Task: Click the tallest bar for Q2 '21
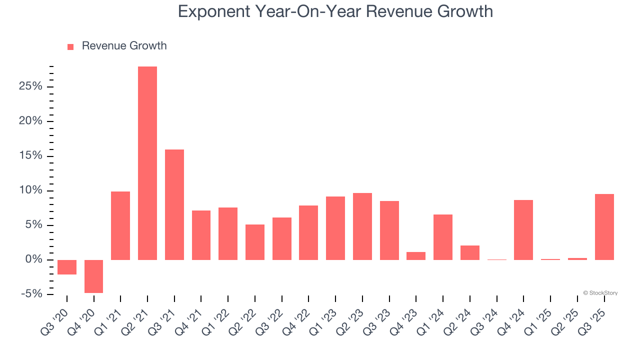(x=147, y=163)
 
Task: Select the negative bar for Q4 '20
(x=93, y=276)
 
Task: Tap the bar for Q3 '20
(x=67, y=267)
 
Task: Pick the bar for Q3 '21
(x=174, y=204)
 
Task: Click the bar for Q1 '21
(x=120, y=225)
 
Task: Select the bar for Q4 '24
(x=523, y=230)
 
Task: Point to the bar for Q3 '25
(x=604, y=227)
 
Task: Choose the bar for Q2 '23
(x=362, y=226)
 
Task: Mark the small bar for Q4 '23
(x=416, y=256)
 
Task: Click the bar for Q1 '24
(x=443, y=237)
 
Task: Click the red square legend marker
(x=70, y=46)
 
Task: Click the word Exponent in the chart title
(x=213, y=11)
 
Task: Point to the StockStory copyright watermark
(x=600, y=293)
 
